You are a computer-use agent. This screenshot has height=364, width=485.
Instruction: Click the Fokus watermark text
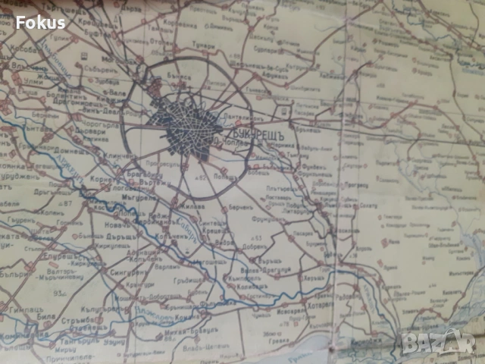40,22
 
